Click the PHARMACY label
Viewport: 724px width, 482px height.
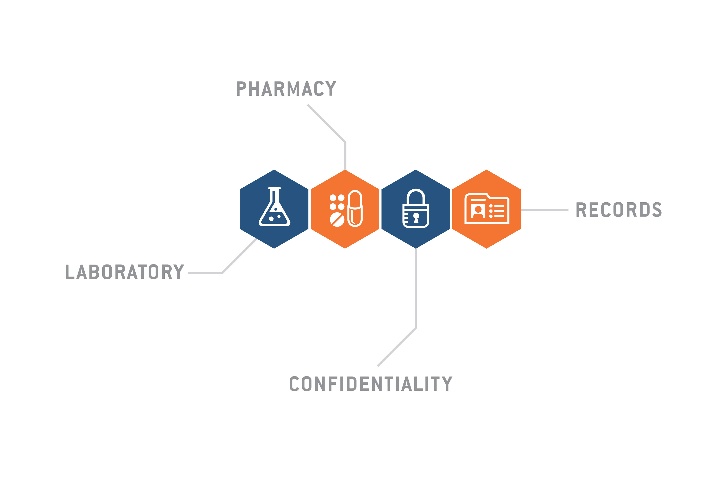click(286, 88)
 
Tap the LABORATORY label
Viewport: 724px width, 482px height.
click(125, 272)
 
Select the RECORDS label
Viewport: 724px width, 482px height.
click(619, 210)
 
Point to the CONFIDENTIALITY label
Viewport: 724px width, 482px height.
click(371, 384)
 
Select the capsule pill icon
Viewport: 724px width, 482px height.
click(355, 209)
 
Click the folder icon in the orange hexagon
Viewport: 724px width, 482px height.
click(487, 209)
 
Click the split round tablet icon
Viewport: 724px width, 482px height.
click(337, 220)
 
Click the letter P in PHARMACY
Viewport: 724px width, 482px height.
click(241, 88)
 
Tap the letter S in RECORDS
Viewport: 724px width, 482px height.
click(657, 210)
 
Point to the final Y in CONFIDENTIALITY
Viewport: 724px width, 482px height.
click(447, 384)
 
